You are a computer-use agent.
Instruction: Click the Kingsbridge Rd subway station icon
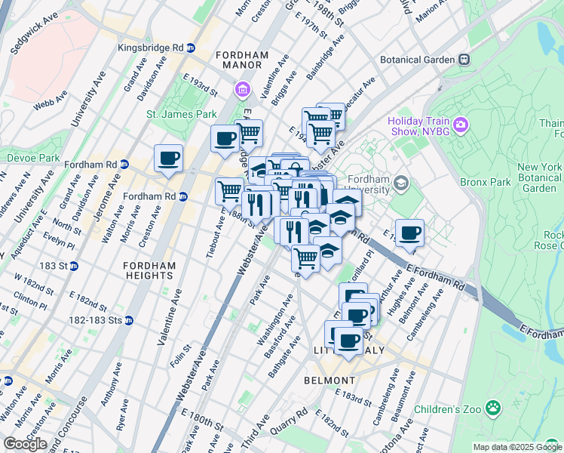pyautogui.click(x=191, y=47)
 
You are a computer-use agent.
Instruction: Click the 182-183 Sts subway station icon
pyautogui.click(x=128, y=320)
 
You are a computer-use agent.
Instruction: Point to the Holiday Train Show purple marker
pyautogui.click(x=460, y=124)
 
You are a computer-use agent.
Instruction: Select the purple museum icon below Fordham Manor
pyautogui.click(x=242, y=91)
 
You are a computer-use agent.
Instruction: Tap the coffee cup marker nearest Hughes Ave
pyautogui.click(x=409, y=233)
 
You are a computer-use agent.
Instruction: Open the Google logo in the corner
pyautogui.click(x=25, y=443)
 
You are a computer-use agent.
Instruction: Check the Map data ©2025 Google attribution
pyautogui.click(x=517, y=447)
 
